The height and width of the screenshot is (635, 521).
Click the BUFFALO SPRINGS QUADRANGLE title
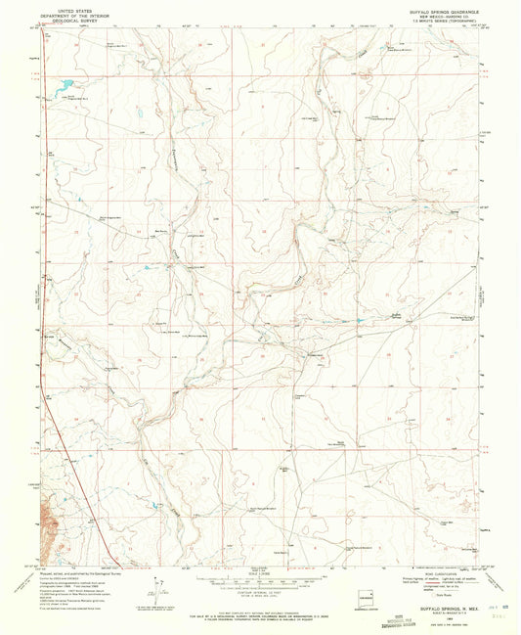[433, 6]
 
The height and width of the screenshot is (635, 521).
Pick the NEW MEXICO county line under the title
[433, 11]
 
